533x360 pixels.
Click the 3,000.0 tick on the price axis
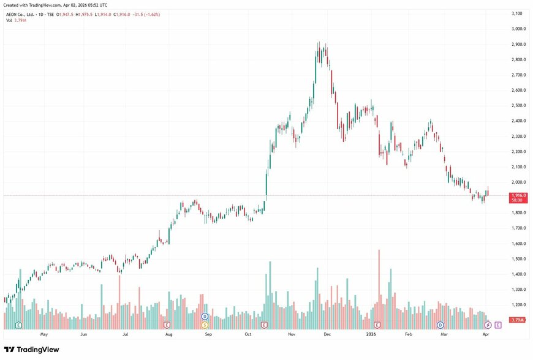click(x=516, y=29)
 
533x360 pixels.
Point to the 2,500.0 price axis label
click(x=516, y=105)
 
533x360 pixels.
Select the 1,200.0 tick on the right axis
click(x=516, y=305)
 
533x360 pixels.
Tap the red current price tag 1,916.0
click(x=518, y=195)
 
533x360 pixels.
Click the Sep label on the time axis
click(x=208, y=336)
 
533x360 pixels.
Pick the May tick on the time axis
click(x=43, y=336)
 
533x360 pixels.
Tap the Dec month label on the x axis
click(x=327, y=336)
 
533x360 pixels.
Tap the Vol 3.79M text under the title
click(x=17, y=20)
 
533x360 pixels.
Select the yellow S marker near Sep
click(x=205, y=324)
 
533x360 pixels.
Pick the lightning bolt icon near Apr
click(x=488, y=324)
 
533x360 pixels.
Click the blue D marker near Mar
click(x=440, y=324)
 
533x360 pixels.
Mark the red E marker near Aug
click(x=167, y=324)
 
